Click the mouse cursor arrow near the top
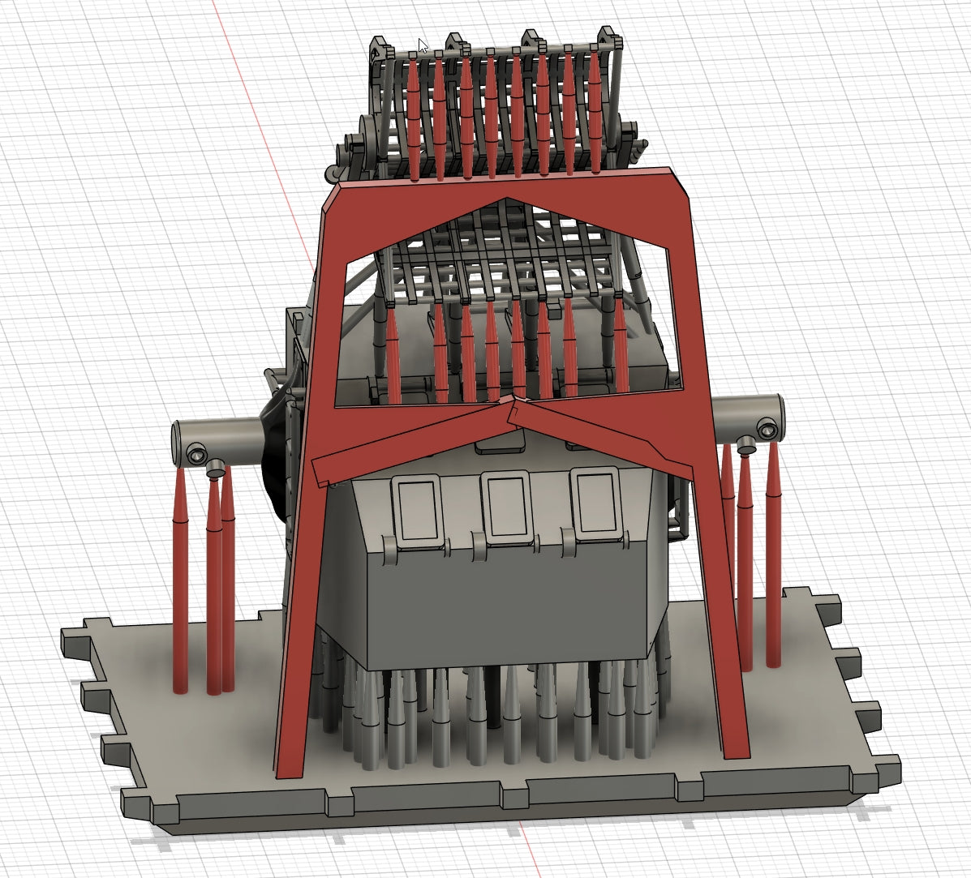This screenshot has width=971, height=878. click(x=422, y=45)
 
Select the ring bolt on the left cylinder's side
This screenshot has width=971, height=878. click(x=196, y=454)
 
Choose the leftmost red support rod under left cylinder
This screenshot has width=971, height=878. click(x=180, y=584)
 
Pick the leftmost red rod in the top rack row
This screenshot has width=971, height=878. click(x=414, y=113)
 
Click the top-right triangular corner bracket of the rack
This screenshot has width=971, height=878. click(x=605, y=39)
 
